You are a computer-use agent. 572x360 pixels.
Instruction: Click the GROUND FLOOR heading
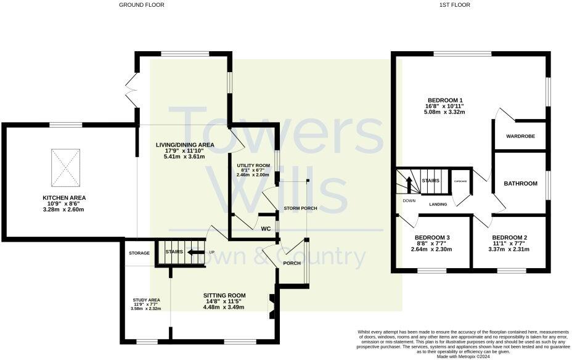(x=142, y=5)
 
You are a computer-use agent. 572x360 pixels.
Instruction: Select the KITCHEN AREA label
(x=64, y=198)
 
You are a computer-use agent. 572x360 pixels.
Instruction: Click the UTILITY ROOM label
(x=253, y=166)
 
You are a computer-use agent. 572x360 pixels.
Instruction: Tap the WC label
(x=266, y=229)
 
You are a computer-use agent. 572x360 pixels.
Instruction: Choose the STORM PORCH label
(x=300, y=208)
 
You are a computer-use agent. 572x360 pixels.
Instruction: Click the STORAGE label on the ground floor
(x=139, y=253)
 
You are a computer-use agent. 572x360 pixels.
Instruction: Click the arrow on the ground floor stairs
(x=196, y=252)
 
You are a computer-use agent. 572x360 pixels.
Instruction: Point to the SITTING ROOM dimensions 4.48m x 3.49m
(x=224, y=307)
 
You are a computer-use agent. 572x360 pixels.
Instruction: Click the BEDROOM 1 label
(x=445, y=100)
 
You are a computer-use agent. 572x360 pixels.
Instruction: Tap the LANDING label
(x=438, y=204)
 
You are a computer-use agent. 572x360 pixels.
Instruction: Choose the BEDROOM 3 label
(x=431, y=237)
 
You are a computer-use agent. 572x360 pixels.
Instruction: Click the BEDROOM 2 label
(x=509, y=237)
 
